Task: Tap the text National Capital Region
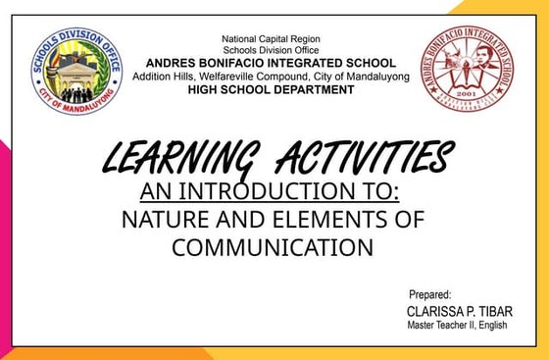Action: tap(272, 39)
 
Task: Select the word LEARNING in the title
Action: tap(176, 157)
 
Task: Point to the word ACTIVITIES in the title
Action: tap(365, 157)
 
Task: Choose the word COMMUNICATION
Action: tap(273, 247)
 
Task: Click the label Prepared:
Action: tap(429, 294)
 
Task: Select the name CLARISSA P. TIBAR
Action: tap(459, 311)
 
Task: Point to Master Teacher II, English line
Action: tap(457, 326)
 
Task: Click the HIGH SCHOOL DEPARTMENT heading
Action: tap(272, 89)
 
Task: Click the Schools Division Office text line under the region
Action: tap(272, 51)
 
